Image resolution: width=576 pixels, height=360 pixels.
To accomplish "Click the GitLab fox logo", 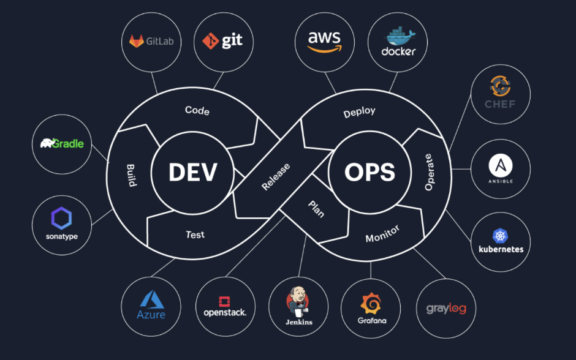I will [x=135, y=42].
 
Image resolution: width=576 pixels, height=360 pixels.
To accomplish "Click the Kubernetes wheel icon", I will [x=501, y=236].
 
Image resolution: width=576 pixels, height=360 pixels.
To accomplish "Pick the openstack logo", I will [x=224, y=302].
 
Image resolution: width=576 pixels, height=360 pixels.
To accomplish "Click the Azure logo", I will [x=151, y=299].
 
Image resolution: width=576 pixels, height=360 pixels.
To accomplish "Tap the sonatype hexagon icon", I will [x=62, y=218].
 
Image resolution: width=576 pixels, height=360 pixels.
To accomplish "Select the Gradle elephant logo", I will [x=47, y=144].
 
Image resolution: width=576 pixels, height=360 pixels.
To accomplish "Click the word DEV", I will [x=192, y=172].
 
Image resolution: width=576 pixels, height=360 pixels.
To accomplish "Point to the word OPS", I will [x=369, y=172].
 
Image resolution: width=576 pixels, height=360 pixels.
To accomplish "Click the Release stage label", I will [x=276, y=176].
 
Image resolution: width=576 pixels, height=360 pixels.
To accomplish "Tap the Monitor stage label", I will [x=382, y=233].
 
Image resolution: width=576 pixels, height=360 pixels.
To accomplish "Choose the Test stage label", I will [x=195, y=234].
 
